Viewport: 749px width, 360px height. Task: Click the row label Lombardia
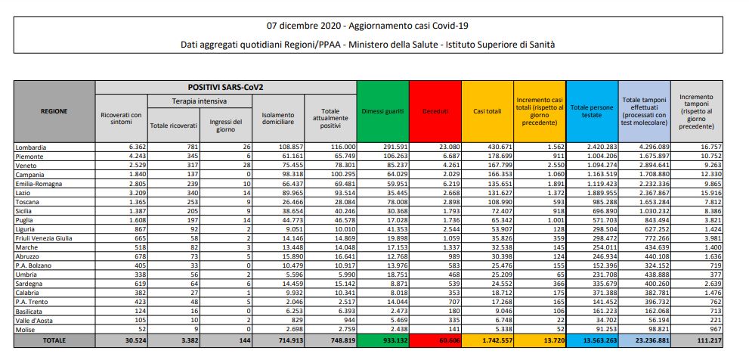click(x=30, y=145)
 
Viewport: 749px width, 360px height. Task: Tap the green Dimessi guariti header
click(x=382, y=111)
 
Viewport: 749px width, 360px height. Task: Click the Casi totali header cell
click(x=487, y=111)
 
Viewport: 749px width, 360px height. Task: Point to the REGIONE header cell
click(x=54, y=111)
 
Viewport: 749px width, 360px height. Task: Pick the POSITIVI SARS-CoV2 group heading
click(x=225, y=88)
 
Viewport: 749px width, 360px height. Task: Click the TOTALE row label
click(x=54, y=341)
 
